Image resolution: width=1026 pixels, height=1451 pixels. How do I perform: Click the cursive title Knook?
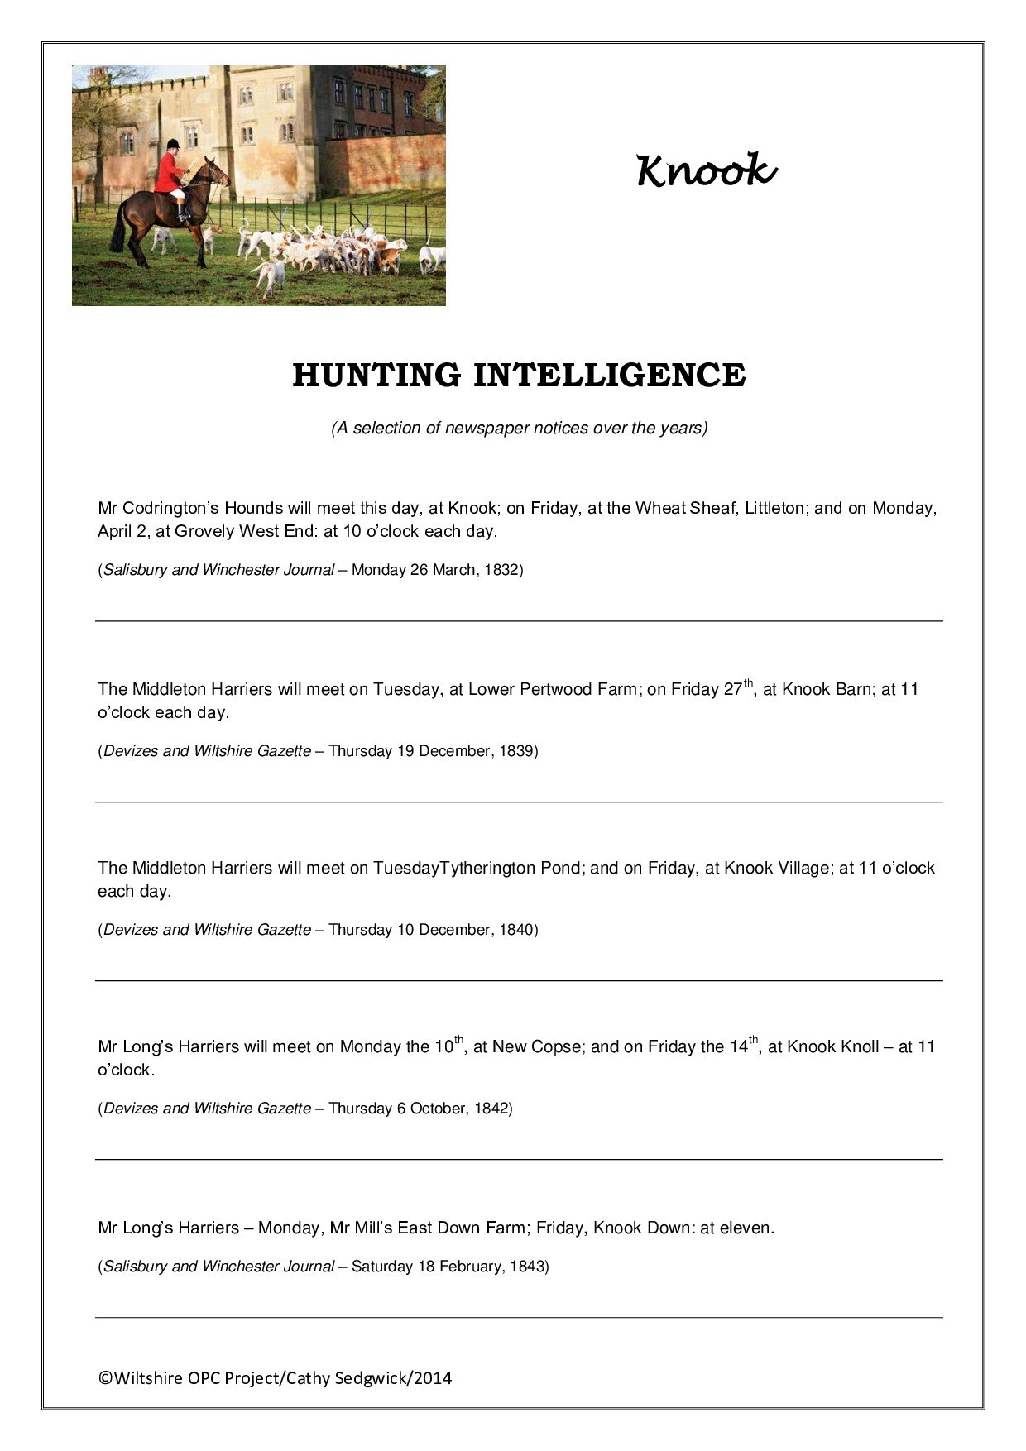706,170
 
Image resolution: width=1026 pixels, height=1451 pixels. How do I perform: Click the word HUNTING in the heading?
376,375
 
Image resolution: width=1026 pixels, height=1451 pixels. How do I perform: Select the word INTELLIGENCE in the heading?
609,375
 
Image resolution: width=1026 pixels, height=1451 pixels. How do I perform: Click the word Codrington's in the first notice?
170,508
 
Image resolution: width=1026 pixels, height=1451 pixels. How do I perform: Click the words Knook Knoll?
832,1046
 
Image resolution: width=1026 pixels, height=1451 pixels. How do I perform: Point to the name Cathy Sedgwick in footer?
348,1378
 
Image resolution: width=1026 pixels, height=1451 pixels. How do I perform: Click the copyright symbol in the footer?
105,1378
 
